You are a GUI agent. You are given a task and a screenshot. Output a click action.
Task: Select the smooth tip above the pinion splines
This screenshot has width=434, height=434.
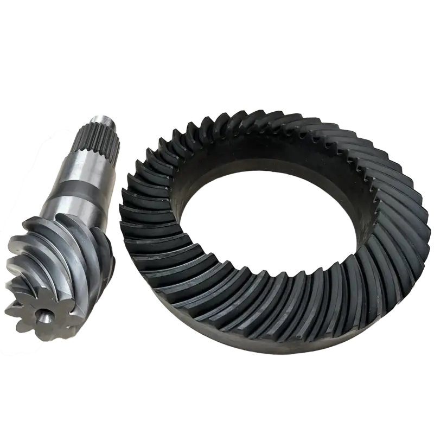[x=102, y=120]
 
